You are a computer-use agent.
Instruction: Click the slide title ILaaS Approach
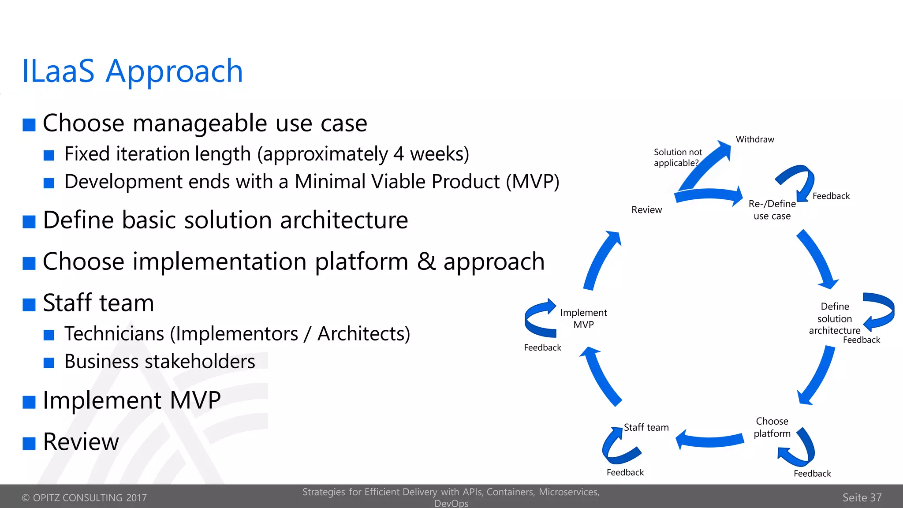point(132,71)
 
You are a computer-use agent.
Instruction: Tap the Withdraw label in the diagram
point(754,139)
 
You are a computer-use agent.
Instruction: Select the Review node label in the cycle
point(646,210)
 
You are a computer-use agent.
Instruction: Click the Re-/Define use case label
point(772,210)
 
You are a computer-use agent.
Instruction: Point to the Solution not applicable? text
point(678,157)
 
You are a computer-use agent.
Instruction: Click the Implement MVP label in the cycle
point(583,318)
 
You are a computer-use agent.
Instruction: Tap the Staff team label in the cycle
point(646,427)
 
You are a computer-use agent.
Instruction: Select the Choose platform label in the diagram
point(772,427)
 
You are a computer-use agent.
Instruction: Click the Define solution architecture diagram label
point(834,318)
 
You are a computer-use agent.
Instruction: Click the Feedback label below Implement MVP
point(542,347)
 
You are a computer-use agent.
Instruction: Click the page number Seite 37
point(862,497)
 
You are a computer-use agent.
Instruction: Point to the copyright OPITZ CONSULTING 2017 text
point(84,497)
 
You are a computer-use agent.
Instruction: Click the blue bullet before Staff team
point(29,305)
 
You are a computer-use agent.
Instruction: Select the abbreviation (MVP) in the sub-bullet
point(532,182)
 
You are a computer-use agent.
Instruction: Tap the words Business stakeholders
point(160,362)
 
